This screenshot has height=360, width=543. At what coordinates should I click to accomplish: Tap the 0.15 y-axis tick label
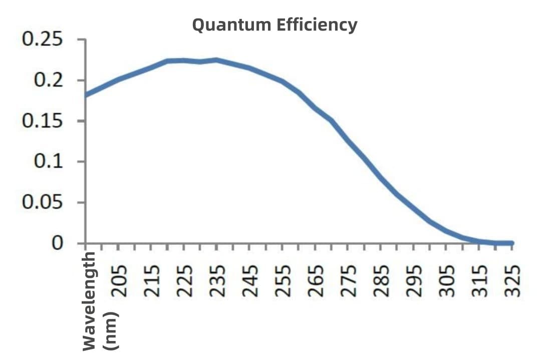coord(43,121)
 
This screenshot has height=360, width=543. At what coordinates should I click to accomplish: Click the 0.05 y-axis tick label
coord(43,203)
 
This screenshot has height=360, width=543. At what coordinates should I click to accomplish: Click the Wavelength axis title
coord(89,300)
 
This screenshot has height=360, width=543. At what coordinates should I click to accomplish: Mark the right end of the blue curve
coord(512,243)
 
